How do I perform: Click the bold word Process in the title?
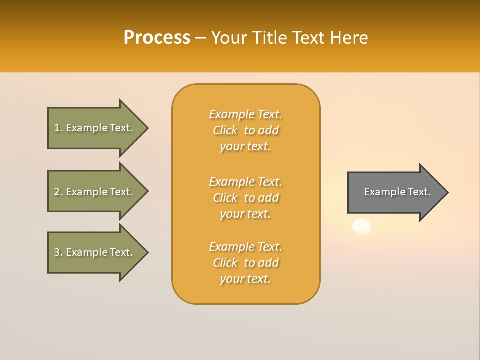157,37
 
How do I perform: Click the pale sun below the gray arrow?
361,227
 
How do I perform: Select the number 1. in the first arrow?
58,128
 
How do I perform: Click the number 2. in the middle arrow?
58,192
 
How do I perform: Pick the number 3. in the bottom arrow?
58,252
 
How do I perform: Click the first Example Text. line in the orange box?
245,114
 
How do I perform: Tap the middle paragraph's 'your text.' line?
245,214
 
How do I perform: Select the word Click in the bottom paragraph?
225,263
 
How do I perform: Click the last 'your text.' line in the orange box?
245,279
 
